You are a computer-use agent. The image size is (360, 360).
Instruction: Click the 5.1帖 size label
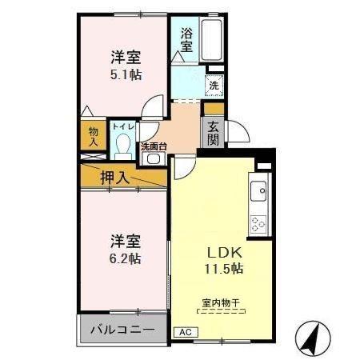coord(126,73)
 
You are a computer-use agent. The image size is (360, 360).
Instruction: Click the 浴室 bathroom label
coord(186,39)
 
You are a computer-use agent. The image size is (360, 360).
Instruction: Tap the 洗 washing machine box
coord(214,84)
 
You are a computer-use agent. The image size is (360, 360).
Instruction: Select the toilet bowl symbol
coord(123,146)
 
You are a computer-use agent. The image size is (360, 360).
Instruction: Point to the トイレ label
coord(122,126)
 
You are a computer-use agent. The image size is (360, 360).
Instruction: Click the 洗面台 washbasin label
coord(153,146)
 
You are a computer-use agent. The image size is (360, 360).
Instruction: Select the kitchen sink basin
coord(258,192)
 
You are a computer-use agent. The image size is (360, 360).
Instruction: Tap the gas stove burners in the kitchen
coord(258,220)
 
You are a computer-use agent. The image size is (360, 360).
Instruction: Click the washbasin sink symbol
coord(153,159)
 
